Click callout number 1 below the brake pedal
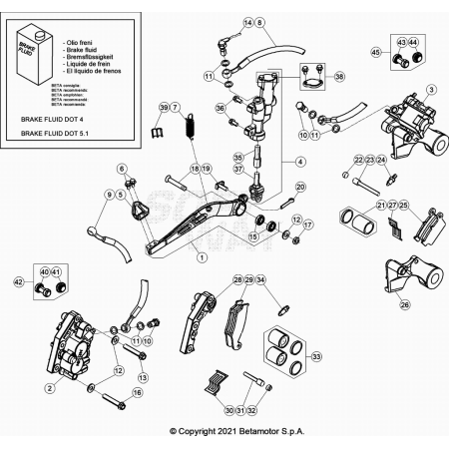[x=201, y=256]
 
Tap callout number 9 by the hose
[x=108, y=195]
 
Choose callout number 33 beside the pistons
[x=317, y=355]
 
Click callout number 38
[x=340, y=77]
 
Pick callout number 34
[x=260, y=280]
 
